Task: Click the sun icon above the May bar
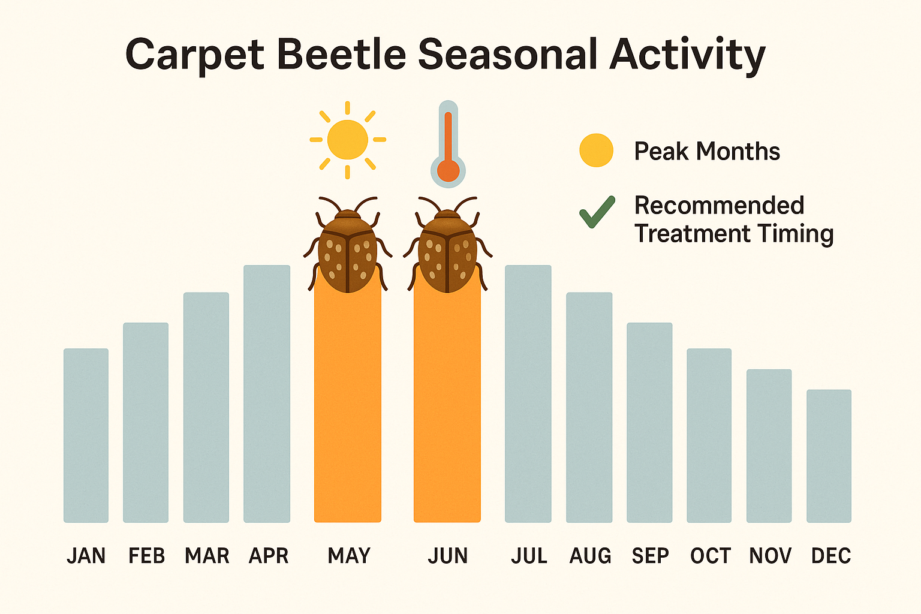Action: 348,140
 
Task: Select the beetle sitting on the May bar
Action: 348,246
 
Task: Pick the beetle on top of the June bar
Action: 447,246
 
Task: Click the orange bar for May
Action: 348,408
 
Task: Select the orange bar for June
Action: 447,408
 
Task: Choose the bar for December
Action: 829,456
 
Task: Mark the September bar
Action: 649,422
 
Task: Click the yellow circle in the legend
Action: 596,150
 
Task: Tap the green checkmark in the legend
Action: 597,212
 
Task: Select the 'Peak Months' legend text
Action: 707,151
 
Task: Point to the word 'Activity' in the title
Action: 687,55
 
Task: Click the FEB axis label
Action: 146,556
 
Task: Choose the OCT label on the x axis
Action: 710,556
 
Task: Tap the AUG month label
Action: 590,556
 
